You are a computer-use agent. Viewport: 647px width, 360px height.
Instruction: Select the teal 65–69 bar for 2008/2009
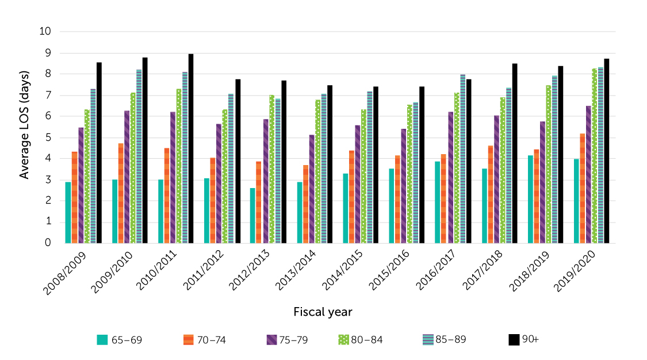[68, 212]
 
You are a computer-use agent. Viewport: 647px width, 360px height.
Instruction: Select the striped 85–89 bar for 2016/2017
[463, 159]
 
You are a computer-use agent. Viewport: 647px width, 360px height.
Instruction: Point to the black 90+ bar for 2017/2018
[515, 153]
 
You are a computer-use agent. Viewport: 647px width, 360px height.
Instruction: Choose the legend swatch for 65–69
[102, 339]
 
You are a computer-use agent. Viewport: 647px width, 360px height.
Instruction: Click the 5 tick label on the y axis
[48, 137]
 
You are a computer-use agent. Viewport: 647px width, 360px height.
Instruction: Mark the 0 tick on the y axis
[48, 243]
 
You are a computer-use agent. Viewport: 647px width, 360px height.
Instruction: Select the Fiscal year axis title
[323, 312]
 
